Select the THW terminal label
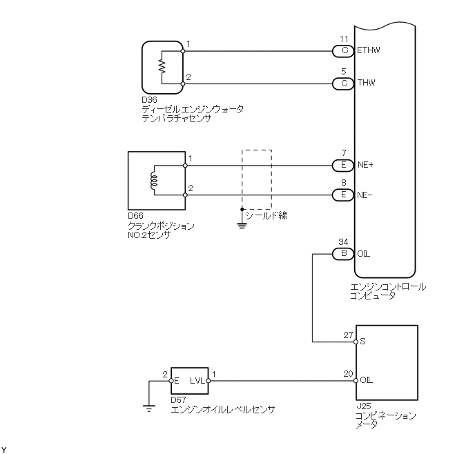point(367,83)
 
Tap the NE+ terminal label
point(366,166)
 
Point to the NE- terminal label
point(365,195)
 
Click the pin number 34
point(344,242)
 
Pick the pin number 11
point(344,39)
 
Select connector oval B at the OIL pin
point(343,254)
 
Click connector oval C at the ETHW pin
point(343,50)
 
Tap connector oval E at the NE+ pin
point(343,166)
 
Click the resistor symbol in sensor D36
point(162,67)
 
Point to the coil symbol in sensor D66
point(154,181)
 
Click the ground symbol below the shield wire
point(242,224)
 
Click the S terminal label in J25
point(363,341)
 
